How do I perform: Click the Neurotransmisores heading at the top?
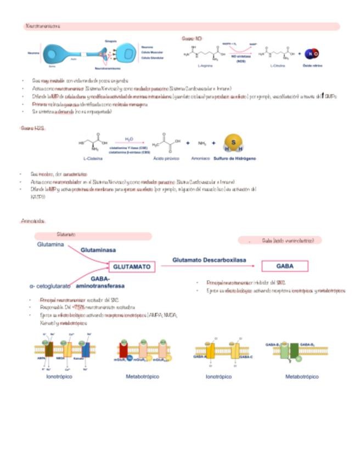coord(43,26)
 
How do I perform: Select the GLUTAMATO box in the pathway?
coord(132,266)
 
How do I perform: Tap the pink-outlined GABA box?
coord(284,266)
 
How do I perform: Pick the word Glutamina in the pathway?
coord(51,244)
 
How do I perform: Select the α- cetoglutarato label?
coord(50,286)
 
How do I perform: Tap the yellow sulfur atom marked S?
coord(234,141)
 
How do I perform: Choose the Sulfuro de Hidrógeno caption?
coord(234,158)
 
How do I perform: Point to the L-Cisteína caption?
coord(94,158)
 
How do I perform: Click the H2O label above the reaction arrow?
coord(130,139)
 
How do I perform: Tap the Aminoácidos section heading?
coord(32,221)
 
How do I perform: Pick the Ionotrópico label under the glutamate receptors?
coord(59,377)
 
